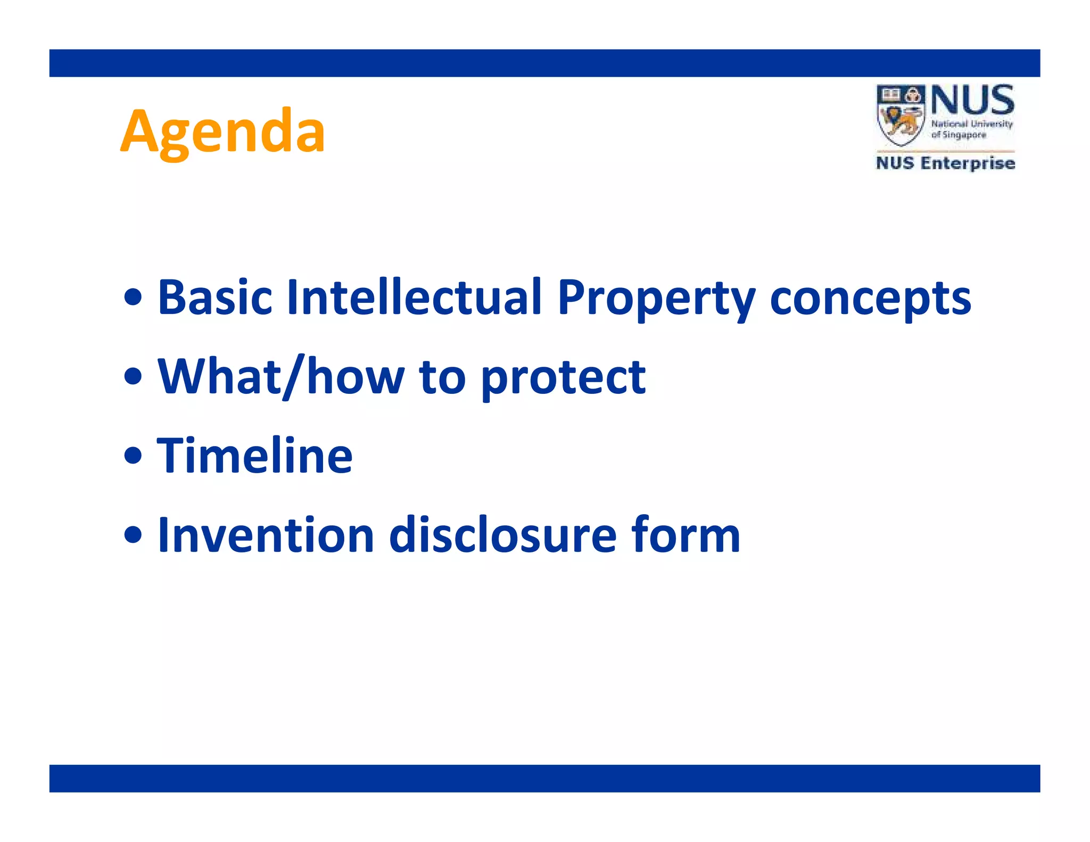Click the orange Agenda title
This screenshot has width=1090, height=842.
[x=222, y=131]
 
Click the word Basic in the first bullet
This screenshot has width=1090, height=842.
[x=214, y=298]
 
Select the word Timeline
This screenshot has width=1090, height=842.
[x=255, y=456]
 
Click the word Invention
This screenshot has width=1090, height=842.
[x=266, y=535]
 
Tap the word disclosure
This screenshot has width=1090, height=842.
[x=503, y=535]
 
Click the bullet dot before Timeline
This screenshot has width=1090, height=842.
[x=133, y=456]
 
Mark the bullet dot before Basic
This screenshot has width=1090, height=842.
[x=133, y=298]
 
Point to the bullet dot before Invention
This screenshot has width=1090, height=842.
[x=133, y=535]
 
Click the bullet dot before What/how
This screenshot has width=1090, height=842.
[x=133, y=377]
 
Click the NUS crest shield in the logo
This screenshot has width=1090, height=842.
[x=901, y=115]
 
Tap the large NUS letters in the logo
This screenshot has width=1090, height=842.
[x=972, y=100]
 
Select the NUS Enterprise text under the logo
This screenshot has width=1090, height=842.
[x=945, y=163]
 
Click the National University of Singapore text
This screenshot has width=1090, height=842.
[x=971, y=129]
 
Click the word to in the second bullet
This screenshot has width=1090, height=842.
[x=442, y=377]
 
